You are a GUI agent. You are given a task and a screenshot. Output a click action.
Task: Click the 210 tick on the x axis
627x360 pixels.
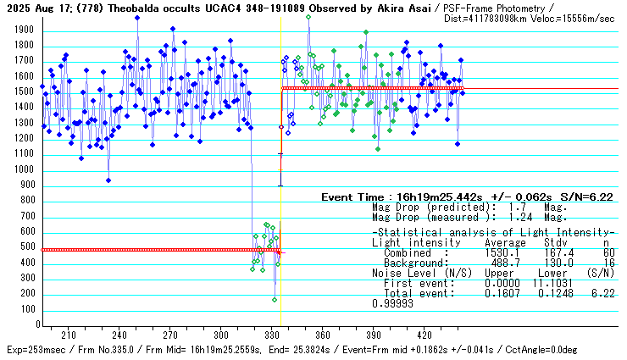pyautogui.click(x=69, y=334)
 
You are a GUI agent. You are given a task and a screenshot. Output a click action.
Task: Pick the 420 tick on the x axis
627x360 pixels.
pyautogui.click(x=424, y=334)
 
